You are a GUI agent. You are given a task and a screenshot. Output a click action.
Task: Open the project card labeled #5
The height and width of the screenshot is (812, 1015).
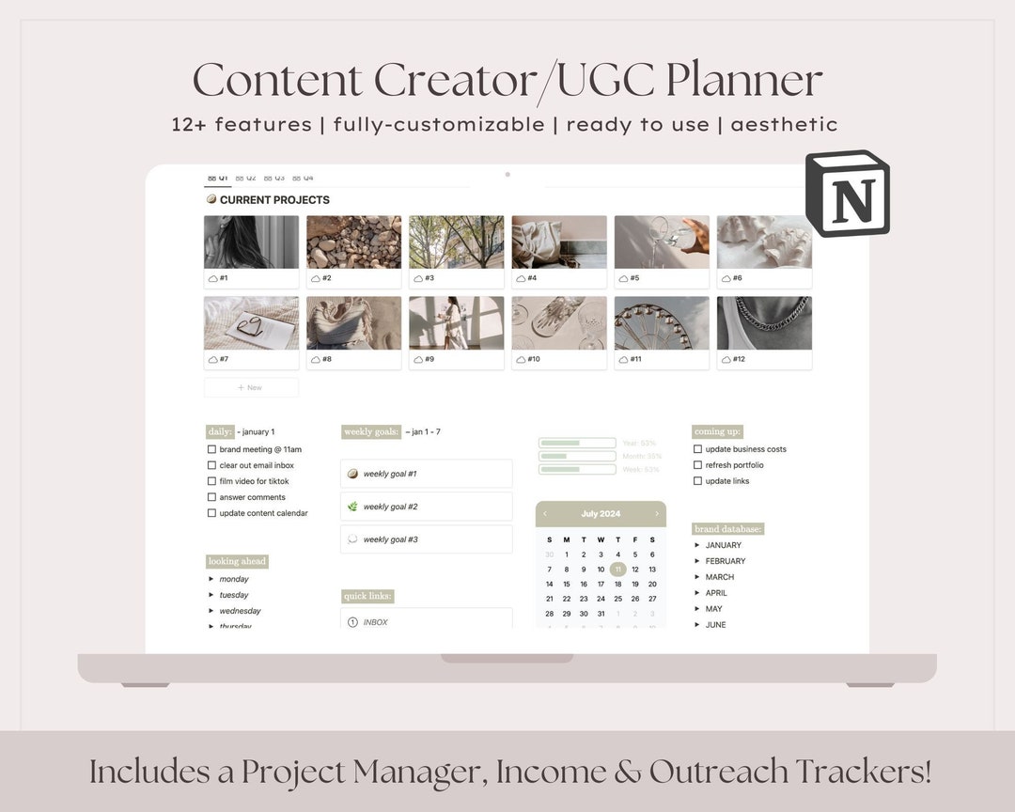662,250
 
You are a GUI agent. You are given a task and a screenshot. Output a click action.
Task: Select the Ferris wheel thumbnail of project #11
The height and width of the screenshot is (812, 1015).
662,323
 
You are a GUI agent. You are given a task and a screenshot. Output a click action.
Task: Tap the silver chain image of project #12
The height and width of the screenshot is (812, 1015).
764,323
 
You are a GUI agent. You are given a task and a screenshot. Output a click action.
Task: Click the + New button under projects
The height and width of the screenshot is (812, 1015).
251,387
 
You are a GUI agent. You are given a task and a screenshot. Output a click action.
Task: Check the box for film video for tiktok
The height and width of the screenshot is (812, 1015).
211,481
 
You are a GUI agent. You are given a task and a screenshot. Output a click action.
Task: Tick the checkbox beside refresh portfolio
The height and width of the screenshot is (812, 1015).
697,465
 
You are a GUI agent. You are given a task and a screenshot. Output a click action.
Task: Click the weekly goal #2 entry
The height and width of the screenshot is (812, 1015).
426,507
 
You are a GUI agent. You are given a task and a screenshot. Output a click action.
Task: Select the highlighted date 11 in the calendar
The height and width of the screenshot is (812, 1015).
617,569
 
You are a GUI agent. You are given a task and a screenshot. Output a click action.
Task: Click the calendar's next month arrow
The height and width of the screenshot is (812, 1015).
657,514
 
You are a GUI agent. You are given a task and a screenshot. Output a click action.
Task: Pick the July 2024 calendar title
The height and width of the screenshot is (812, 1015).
601,514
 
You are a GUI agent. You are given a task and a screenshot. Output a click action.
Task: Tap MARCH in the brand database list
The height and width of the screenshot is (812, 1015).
719,577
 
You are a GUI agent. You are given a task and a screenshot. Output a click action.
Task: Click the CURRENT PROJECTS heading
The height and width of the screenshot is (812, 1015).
273,200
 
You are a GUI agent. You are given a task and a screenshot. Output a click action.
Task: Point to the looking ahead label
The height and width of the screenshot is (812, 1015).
237,561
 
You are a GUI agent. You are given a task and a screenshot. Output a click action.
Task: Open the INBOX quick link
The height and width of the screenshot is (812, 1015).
375,622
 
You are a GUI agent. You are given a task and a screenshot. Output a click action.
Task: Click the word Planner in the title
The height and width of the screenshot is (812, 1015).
744,80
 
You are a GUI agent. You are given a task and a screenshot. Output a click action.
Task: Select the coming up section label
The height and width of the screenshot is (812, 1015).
717,431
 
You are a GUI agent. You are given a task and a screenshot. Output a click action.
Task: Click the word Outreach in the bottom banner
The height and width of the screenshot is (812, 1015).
718,772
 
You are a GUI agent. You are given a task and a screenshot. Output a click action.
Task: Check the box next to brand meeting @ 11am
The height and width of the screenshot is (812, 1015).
211,449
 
